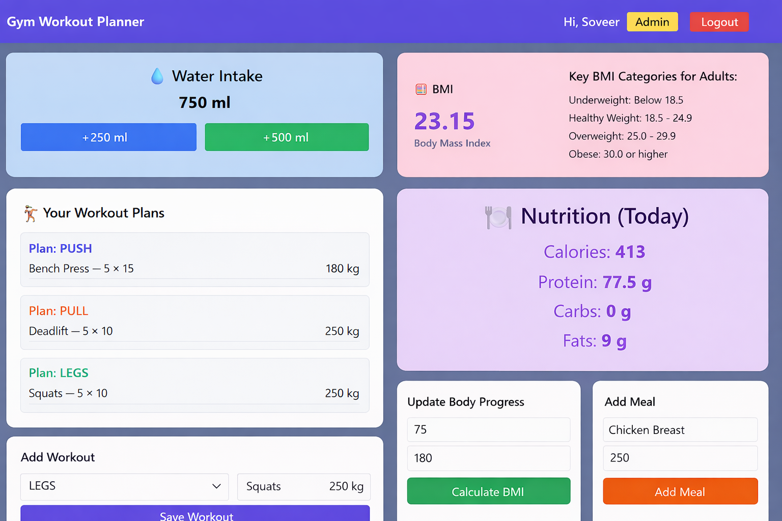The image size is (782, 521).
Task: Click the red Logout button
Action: [719, 22]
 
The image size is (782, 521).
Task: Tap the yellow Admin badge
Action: [652, 22]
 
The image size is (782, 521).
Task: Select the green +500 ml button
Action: [287, 137]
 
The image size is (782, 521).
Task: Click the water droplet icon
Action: [157, 76]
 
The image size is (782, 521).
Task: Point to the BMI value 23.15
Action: [444, 122]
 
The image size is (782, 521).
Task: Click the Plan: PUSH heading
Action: [61, 248]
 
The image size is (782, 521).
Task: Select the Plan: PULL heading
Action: [59, 311]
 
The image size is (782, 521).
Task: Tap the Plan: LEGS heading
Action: [59, 373]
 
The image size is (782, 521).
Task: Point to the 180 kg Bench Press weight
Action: [342, 269]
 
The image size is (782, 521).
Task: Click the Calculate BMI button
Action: [488, 491]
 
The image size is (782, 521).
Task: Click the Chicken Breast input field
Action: [680, 430]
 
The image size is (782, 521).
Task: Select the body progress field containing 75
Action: [488, 429]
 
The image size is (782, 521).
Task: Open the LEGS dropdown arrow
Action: [216, 486]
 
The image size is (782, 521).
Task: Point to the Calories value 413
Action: [630, 252]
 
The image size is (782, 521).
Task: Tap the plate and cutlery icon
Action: [498, 217]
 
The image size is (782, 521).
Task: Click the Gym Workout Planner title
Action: [75, 22]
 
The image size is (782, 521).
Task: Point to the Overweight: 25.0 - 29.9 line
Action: [622, 136]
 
